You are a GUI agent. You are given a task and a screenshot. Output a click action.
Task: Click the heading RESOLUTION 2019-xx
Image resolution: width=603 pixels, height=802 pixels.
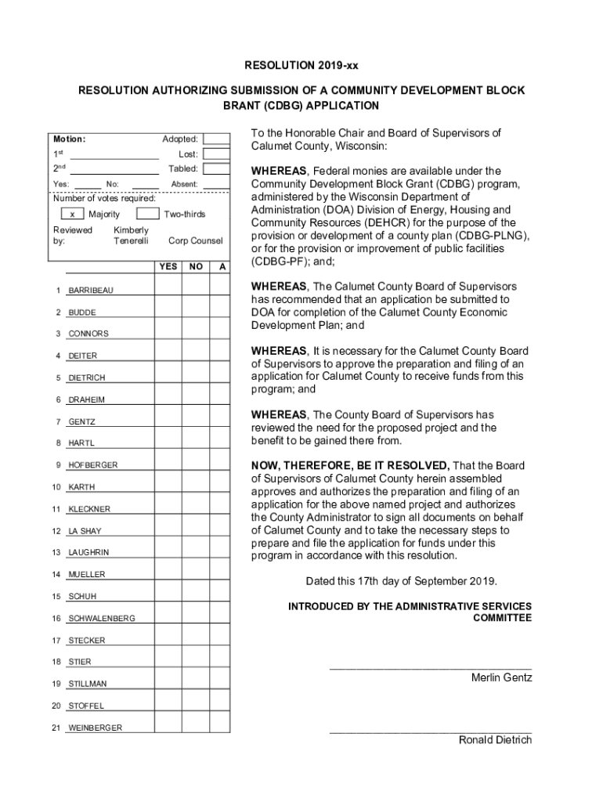pyautogui.click(x=301, y=66)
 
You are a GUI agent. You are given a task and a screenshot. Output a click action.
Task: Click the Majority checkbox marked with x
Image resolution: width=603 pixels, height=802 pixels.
pyautogui.click(x=72, y=214)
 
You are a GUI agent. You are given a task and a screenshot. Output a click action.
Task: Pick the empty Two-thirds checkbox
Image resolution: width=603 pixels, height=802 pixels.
pyautogui.click(x=146, y=214)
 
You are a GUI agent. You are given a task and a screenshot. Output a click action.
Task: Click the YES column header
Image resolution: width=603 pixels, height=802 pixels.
pyautogui.click(x=168, y=267)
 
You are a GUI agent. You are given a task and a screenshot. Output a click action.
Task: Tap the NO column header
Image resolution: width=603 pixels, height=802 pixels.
pyautogui.click(x=196, y=267)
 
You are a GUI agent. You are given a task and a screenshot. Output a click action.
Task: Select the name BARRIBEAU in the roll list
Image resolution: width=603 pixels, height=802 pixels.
pyautogui.click(x=91, y=291)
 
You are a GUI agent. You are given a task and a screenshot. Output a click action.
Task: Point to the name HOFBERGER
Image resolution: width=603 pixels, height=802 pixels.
pyautogui.click(x=93, y=465)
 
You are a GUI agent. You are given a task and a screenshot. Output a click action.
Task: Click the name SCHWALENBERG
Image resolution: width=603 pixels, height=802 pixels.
pyautogui.click(x=102, y=619)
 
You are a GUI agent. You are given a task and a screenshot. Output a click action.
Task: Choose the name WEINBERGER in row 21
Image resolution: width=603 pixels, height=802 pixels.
pyautogui.click(x=96, y=728)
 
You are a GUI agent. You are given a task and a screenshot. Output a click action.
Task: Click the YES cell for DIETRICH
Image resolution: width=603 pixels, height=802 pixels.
pyautogui.click(x=168, y=378)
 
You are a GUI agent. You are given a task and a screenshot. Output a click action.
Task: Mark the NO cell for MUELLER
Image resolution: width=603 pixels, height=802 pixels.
pyautogui.click(x=196, y=574)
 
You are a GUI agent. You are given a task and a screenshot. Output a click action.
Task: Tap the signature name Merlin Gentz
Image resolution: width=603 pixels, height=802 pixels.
pyautogui.click(x=501, y=677)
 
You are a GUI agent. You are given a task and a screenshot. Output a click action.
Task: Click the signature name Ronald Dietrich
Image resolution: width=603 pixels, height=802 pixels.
pyautogui.click(x=495, y=740)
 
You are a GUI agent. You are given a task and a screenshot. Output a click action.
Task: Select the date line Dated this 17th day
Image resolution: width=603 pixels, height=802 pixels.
pyautogui.click(x=400, y=581)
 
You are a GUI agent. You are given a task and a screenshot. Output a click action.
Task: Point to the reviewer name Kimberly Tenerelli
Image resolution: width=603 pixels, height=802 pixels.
pyautogui.click(x=131, y=236)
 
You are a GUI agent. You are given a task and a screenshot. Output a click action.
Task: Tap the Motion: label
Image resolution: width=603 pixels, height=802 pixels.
pyautogui.click(x=69, y=139)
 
